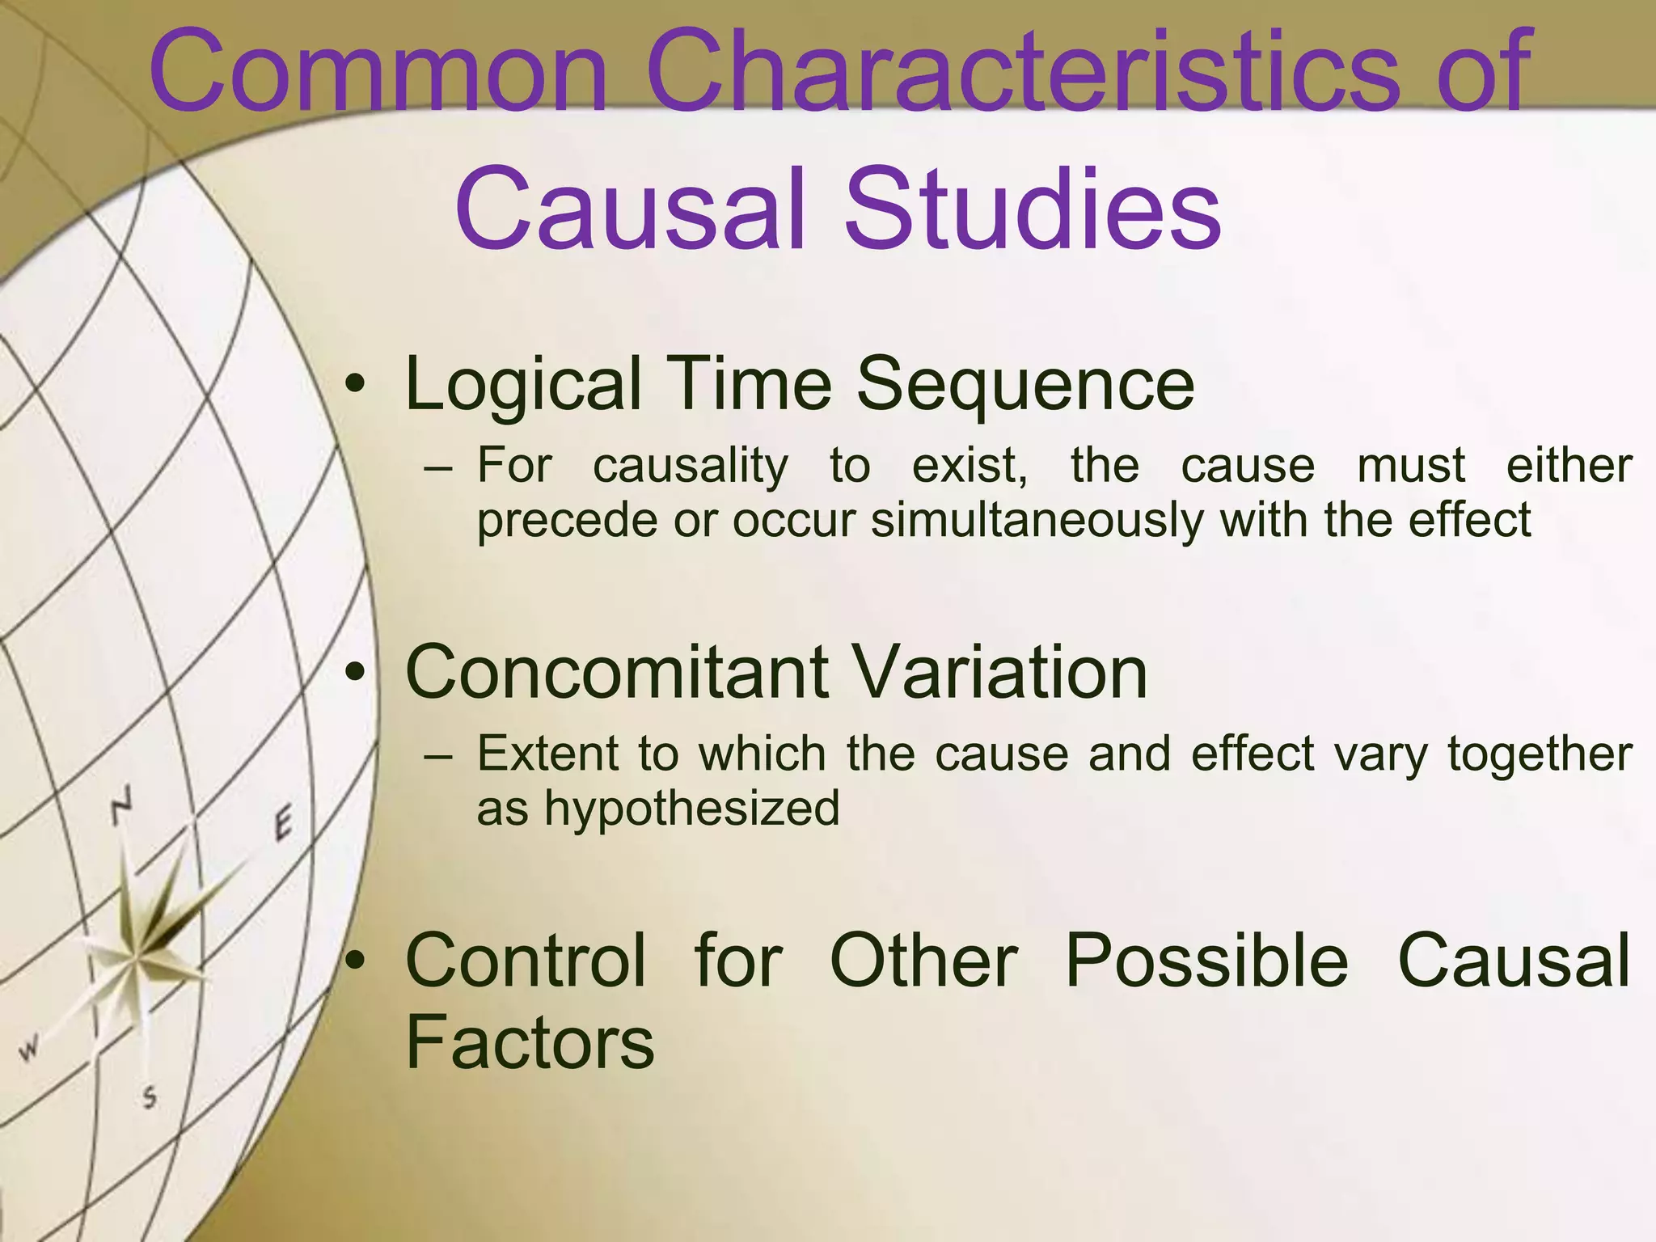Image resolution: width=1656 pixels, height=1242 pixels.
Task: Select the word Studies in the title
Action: point(1032,210)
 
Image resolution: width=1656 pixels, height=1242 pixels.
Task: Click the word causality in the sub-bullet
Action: point(690,467)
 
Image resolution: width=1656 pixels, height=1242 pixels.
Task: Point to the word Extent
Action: point(547,754)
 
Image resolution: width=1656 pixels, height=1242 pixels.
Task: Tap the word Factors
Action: point(529,1043)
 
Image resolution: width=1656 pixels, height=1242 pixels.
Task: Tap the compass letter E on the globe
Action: point(282,825)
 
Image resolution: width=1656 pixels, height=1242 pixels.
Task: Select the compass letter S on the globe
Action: point(150,1098)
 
